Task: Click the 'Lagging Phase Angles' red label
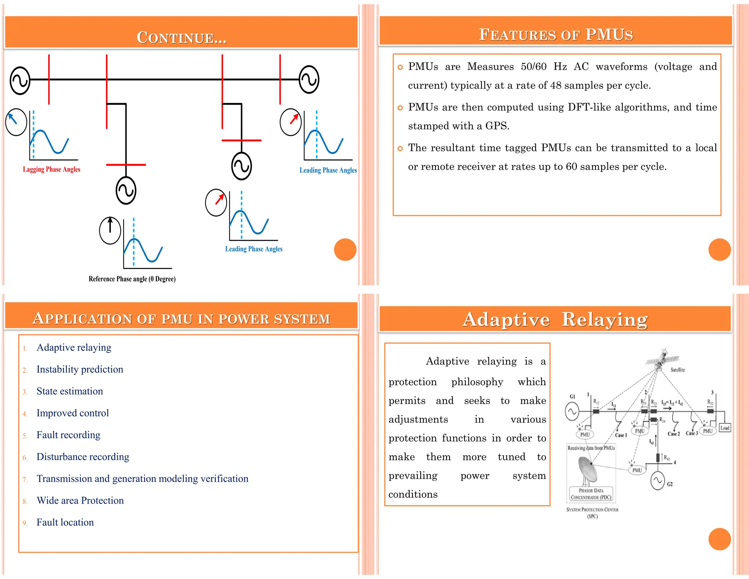click(x=52, y=169)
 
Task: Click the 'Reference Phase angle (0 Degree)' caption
click(x=132, y=279)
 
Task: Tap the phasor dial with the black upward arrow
click(x=110, y=231)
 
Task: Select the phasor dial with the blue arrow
click(x=16, y=122)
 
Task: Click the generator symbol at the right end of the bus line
click(x=309, y=79)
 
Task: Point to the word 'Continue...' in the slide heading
click(x=181, y=37)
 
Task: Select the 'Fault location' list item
click(x=65, y=522)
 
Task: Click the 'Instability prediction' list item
click(x=80, y=369)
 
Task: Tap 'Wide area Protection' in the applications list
click(x=80, y=500)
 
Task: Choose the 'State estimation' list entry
click(x=69, y=391)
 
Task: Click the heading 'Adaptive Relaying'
click(x=555, y=319)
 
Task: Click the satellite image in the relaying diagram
click(x=662, y=359)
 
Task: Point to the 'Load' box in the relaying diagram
click(x=724, y=428)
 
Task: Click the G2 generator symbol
click(x=658, y=481)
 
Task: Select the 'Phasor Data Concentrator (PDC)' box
click(x=591, y=494)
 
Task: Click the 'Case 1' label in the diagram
click(x=621, y=435)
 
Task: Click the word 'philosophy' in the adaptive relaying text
click(x=477, y=382)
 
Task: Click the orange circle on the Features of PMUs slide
click(x=719, y=250)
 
